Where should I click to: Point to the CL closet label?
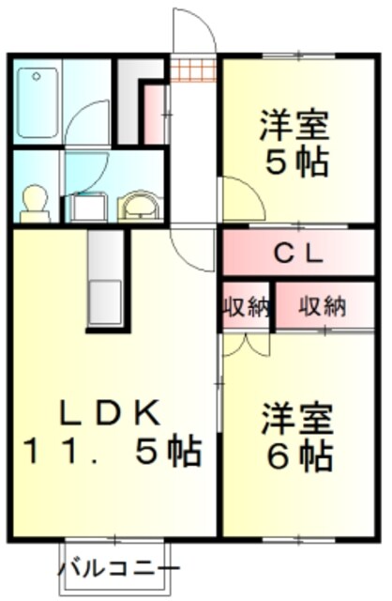tap(298, 252)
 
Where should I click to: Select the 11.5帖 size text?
tap(111, 453)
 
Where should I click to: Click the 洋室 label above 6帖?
tap(297, 416)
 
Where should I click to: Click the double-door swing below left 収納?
tap(242, 345)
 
